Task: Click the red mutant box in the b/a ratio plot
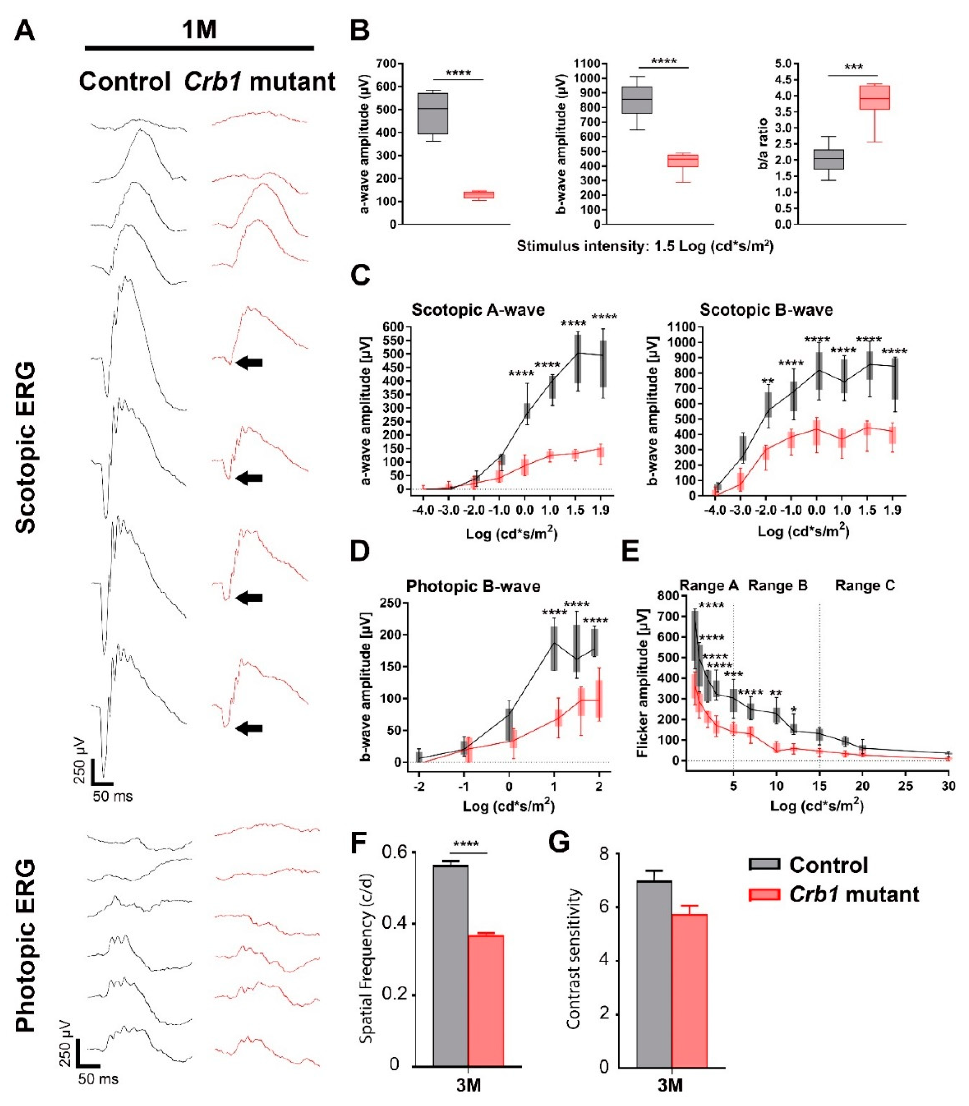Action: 874,97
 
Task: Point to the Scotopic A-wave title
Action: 478,310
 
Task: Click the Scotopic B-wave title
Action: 766,310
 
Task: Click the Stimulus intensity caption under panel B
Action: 645,247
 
